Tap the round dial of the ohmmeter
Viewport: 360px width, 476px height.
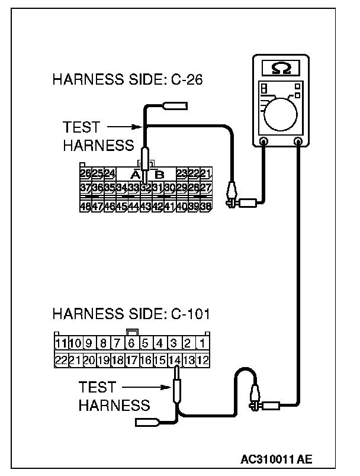tap(282, 113)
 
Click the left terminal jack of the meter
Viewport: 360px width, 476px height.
tap(263, 141)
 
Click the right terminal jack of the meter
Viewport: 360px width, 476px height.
tap(298, 141)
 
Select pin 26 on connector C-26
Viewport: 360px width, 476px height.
tap(85, 173)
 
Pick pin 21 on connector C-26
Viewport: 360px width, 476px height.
tap(205, 173)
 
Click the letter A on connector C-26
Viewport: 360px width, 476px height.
tap(134, 174)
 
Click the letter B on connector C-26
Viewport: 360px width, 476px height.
tap(159, 174)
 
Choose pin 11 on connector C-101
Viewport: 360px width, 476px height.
tap(60, 343)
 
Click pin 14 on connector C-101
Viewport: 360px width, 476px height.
tap(175, 359)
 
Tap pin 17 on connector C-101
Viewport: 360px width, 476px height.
tap(131, 359)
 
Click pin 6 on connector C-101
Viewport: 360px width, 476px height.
tap(131, 343)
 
